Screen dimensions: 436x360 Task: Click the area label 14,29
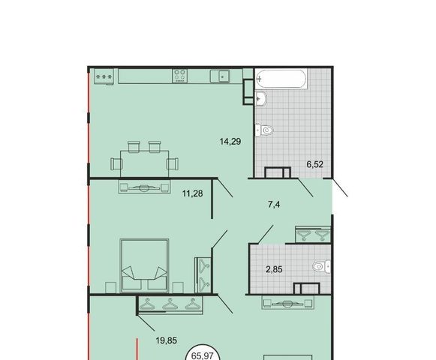(230, 142)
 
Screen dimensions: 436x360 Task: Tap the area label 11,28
(192, 193)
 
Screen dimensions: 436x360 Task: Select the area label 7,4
(274, 205)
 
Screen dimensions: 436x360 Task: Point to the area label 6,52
(314, 164)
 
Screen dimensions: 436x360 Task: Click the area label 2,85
(274, 269)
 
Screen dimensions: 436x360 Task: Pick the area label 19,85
(167, 340)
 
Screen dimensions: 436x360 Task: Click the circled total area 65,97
(202, 356)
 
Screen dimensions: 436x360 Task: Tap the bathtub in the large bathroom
(281, 79)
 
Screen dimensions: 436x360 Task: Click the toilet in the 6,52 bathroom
(264, 130)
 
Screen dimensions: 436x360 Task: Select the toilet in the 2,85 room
(321, 267)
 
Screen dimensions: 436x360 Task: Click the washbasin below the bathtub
(261, 98)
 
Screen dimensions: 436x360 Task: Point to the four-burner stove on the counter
(180, 76)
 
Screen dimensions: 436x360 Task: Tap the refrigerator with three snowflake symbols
(104, 76)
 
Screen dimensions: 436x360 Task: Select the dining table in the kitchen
(145, 163)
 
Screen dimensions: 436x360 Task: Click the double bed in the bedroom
(144, 265)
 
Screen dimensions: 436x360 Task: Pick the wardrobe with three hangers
(170, 304)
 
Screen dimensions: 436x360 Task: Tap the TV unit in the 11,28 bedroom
(144, 187)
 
